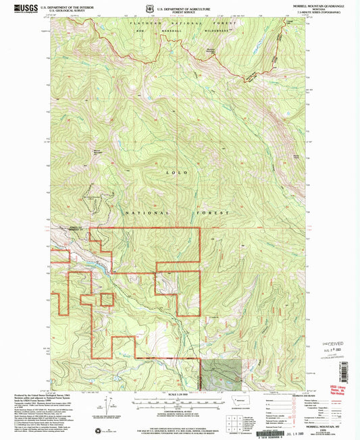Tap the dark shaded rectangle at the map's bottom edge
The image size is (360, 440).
click(221, 373)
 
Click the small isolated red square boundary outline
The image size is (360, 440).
click(107, 299)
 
